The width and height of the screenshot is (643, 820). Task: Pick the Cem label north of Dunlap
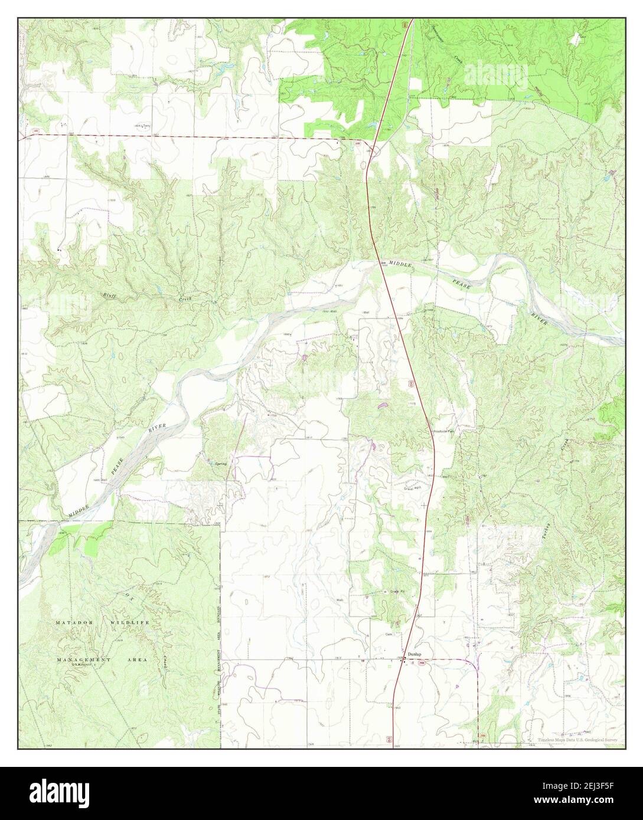(x=389, y=634)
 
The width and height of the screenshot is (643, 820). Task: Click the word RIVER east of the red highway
(x=539, y=319)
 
